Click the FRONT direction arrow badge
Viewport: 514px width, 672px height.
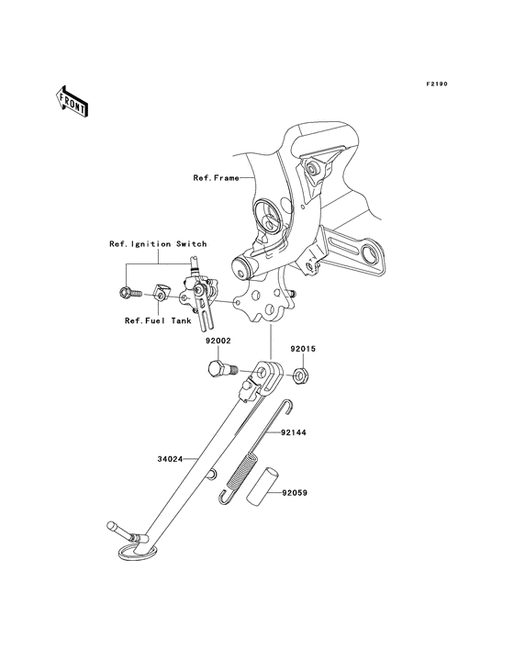click(x=72, y=101)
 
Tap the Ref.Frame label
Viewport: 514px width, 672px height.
click(x=216, y=178)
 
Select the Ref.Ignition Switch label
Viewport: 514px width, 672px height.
click(x=158, y=244)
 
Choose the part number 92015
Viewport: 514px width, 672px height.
click(x=304, y=350)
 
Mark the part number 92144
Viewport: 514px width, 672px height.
click(x=295, y=431)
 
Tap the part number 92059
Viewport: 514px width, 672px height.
click(x=296, y=492)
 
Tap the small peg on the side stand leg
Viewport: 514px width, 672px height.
click(x=211, y=474)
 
